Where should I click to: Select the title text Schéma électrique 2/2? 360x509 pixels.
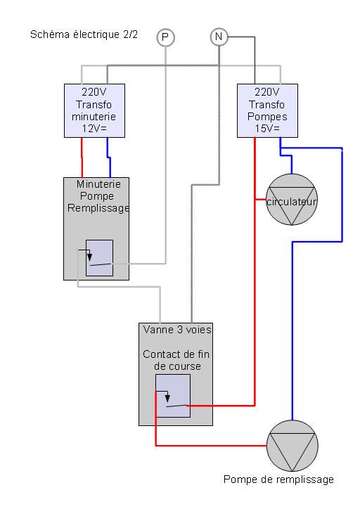84,34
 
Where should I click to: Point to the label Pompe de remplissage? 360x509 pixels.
278,479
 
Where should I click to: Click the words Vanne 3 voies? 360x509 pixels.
177,330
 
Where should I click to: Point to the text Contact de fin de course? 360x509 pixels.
176,360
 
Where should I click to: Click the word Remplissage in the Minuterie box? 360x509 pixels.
98,208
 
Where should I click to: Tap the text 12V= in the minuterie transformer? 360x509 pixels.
94,129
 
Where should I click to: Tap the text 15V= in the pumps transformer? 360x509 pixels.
267,129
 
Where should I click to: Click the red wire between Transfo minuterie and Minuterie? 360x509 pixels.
82,157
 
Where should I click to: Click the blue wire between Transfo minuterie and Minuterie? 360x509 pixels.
109,157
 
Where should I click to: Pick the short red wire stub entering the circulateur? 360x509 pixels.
261,200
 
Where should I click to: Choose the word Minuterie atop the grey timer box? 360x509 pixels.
98,184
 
